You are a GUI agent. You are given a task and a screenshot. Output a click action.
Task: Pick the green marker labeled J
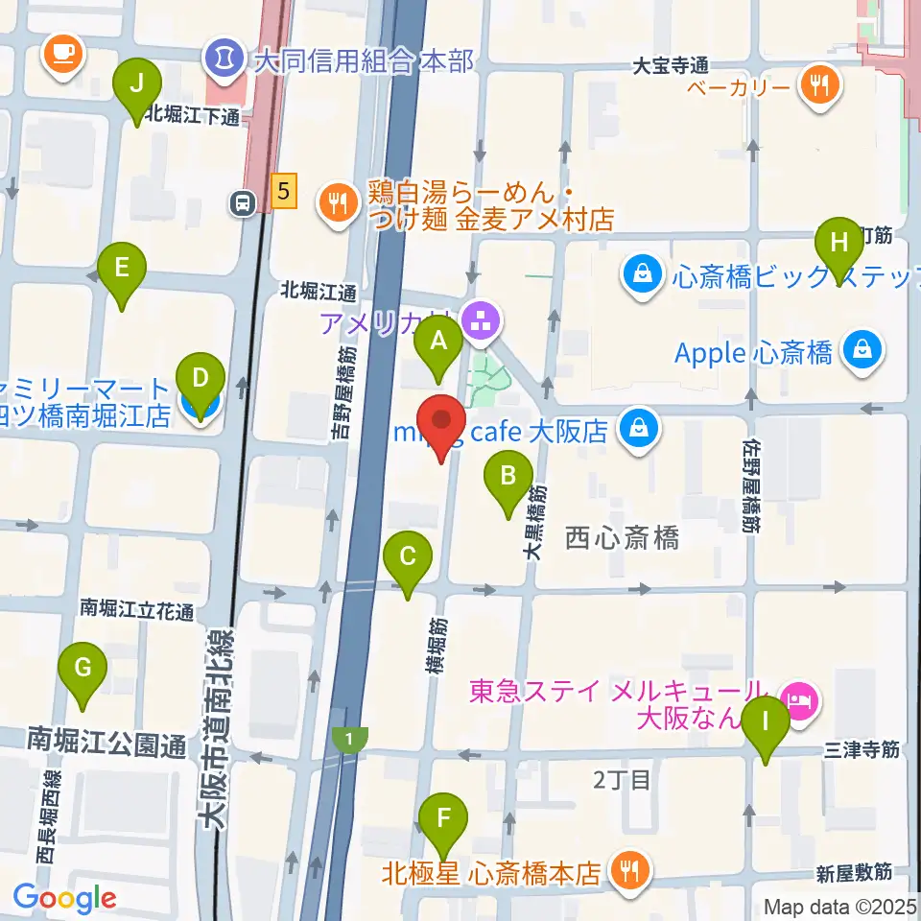tap(137, 84)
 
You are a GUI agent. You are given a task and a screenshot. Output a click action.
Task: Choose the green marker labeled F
tap(443, 819)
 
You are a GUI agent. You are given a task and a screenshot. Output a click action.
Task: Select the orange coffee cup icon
tap(63, 52)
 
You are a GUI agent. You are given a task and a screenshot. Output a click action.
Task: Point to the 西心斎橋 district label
tap(622, 537)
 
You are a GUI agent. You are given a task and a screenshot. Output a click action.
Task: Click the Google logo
tap(64, 898)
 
